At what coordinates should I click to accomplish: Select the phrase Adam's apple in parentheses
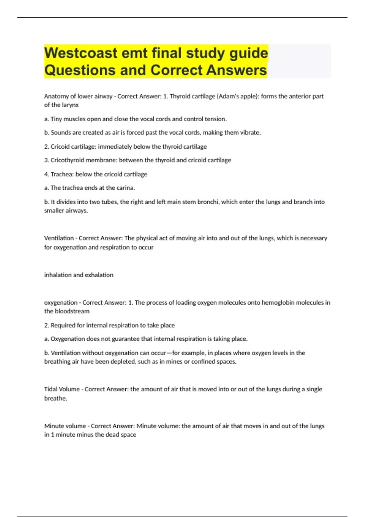tap(237, 96)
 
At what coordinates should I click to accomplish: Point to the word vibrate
tap(251, 133)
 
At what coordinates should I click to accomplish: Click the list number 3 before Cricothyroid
tap(46, 160)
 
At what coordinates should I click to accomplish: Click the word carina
tap(126, 188)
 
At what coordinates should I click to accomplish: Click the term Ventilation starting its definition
tap(59, 238)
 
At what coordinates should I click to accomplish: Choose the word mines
tap(174, 362)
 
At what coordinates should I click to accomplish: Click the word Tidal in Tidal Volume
tap(50, 389)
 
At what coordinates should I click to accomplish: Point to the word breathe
tap(55, 398)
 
